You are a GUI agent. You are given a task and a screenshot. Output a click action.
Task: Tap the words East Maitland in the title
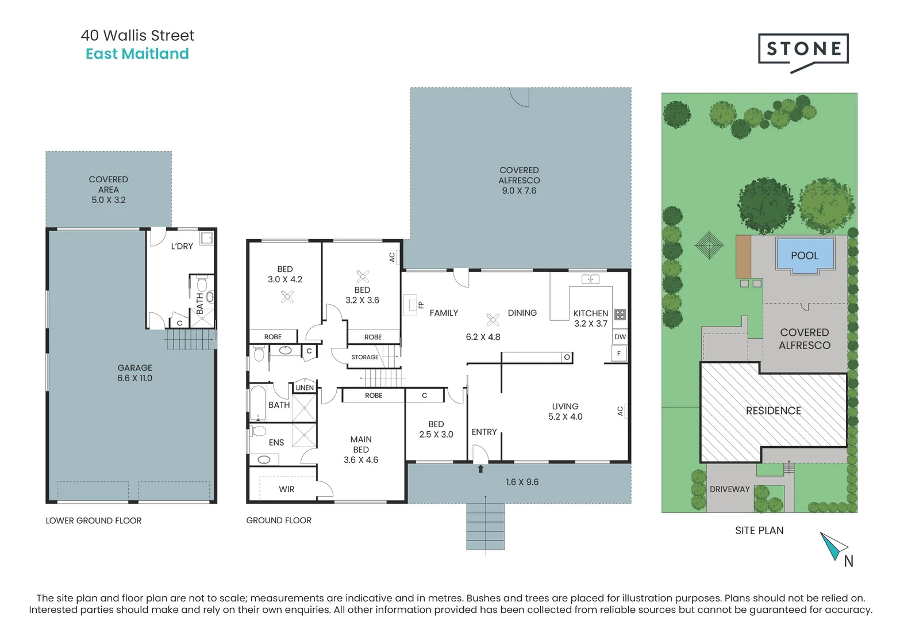click(137, 54)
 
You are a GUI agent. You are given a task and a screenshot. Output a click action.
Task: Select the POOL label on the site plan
click(805, 256)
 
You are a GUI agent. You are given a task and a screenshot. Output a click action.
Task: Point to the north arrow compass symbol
click(833, 546)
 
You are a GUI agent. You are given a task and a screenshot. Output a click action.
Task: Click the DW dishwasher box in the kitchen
click(620, 337)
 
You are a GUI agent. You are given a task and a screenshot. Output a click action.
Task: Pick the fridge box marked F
click(619, 354)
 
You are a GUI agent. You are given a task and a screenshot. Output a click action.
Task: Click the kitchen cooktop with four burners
click(620, 315)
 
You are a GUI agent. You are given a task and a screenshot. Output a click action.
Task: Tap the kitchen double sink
click(590, 279)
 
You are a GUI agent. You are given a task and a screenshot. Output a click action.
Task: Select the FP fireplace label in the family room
click(421, 305)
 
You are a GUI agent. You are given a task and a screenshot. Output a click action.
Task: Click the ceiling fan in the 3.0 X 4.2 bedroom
click(287, 297)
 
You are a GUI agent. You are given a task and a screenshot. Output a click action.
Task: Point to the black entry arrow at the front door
click(480, 469)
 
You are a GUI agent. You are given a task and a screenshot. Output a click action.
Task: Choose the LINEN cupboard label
click(305, 388)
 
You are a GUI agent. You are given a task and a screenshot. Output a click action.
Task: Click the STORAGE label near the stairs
click(364, 357)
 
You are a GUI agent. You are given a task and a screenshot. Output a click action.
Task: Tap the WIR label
click(286, 489)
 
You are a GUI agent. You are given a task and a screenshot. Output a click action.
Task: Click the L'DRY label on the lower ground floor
click(182, 247)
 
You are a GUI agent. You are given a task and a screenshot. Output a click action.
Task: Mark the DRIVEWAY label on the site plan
click(730, 489)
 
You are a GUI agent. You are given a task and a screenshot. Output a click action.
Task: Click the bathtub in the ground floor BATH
click(257, 403)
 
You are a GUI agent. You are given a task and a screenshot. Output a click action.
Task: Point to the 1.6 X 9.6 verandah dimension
click(522, 481)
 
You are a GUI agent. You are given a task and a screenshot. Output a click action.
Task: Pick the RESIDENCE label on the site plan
click(774, 411)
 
